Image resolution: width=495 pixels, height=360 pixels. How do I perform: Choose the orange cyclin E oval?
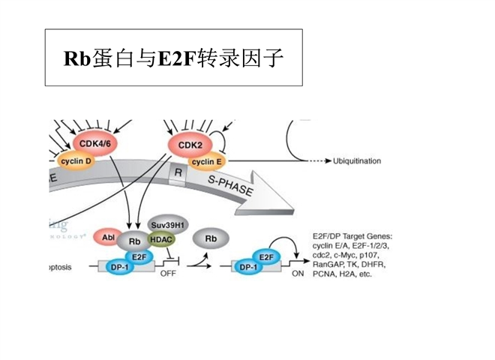pos(207,161)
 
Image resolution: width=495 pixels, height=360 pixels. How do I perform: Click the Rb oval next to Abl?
pos(135,240)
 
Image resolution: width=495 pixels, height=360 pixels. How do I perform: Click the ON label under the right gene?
pos(298,275)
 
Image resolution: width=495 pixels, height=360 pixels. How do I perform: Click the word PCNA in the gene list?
pos(327,274)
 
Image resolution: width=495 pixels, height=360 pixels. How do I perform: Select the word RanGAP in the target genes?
pos(330,265)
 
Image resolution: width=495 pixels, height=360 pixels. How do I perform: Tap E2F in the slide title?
pos(181,58)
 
